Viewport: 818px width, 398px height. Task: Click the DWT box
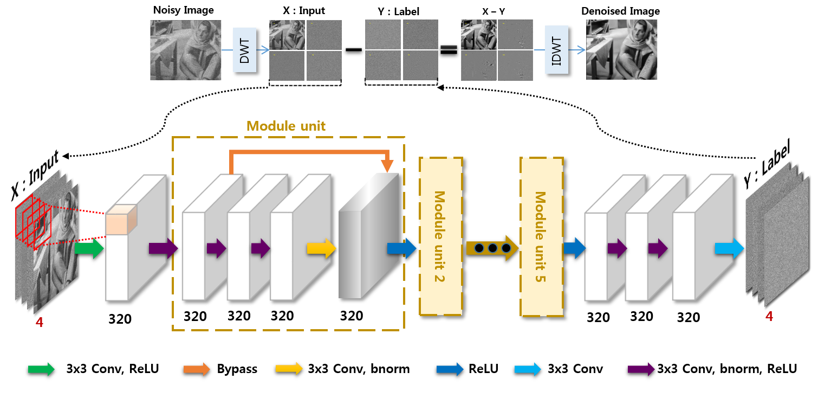coord(244,50)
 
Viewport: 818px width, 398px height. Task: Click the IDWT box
coord(556,50)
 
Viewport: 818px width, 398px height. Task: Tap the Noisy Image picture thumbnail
coord(185,49)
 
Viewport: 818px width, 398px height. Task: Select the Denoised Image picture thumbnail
coord(621,49)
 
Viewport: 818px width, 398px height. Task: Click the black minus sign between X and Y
coord(353,50)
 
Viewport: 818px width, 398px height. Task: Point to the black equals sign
coord(449,51)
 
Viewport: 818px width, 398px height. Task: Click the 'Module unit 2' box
coord(440,236)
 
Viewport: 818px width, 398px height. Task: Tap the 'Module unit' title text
coord(286,126)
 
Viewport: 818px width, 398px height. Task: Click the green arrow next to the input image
coord(88,248)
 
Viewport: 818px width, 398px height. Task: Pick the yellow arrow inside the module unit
coord(322,248)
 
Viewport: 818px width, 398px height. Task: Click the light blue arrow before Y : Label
coord(729,248)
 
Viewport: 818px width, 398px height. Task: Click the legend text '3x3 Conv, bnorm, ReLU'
coord(726,369)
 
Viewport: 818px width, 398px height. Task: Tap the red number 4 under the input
coord(39,323)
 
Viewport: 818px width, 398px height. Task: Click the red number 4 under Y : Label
coord(769,316)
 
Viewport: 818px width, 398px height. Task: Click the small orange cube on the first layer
coord(119,221)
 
